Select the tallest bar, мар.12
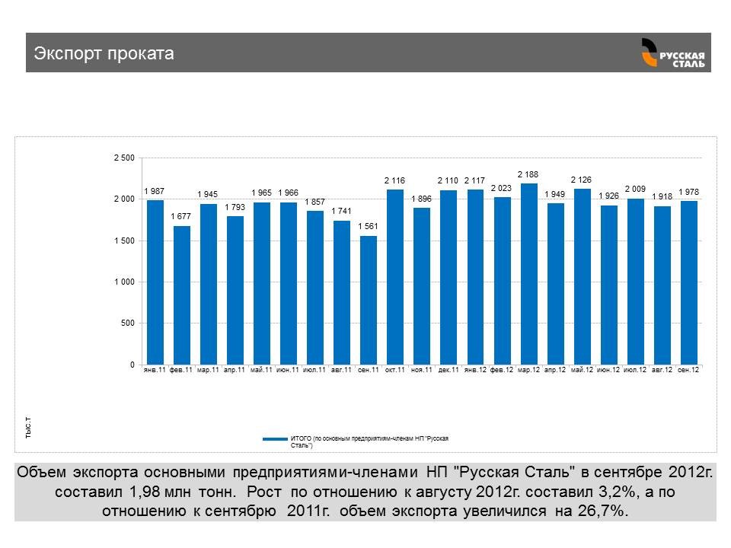(x=528, y=274)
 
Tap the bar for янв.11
(x=155, y=282)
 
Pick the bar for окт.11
(x=395, y=277)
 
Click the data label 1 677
(x=181, y=216)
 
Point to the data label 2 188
(x=528, y=174)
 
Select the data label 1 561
(x=369, y=226)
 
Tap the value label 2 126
(x=582, y=180)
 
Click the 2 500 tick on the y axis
(x=123, y=158)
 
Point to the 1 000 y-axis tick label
(x=123, y=282)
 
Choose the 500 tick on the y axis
(x=126, y=323)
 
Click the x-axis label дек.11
(x=448, y=370)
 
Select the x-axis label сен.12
(x=688, y=370)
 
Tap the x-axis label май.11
(x=261, y=370)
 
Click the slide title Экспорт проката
(x=104, y=53)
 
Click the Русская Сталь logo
(x=672, y=53)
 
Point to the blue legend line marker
(x=275, y=439)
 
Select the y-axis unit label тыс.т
(x=28, y=428)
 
